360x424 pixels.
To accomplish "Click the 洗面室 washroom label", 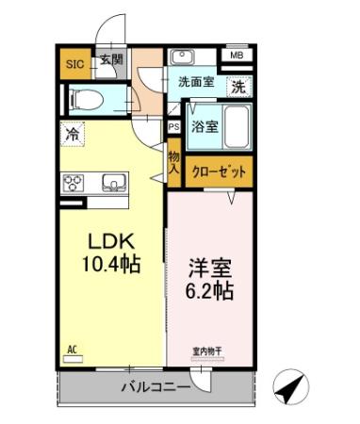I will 196,82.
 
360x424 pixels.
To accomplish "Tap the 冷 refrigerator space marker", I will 73,134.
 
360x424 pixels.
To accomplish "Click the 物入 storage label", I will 174,162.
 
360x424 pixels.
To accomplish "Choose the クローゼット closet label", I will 220,172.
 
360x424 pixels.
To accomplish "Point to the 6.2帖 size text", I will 210,289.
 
